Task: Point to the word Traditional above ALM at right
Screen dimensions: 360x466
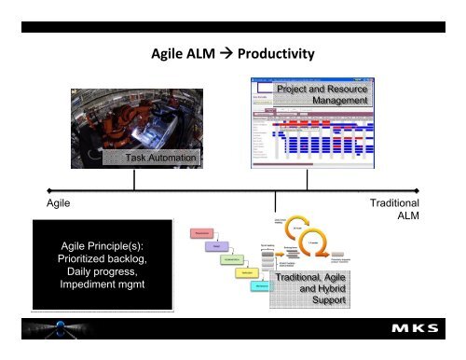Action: click(x=394, y=202)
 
